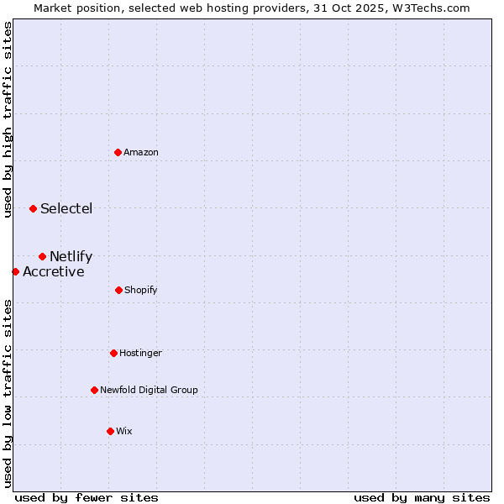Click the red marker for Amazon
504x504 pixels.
click(118, 152)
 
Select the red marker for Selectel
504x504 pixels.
click(33, 208)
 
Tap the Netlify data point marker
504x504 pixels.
click(42, 256)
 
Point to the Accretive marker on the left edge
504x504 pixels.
click(15, 271)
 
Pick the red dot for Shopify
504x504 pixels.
click(118, 290)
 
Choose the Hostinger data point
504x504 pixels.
click(113, 353)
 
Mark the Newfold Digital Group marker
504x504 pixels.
click(94, 390)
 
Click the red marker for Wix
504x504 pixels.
click(110, 431)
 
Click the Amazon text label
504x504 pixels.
click(141, 152)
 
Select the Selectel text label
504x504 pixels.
click(66, 208)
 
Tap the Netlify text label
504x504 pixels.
click(71, 256)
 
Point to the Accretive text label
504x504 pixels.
click(54, 271)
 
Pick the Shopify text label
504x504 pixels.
click(141, 290)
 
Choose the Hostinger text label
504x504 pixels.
click(140, 353)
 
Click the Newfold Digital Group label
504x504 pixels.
click(150, 390)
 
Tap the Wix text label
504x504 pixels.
click(124, 431)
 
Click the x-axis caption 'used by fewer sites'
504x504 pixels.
click(87, 497)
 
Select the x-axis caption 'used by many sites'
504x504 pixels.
click(422, 497)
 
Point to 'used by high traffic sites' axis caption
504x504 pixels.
click(8, 119)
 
